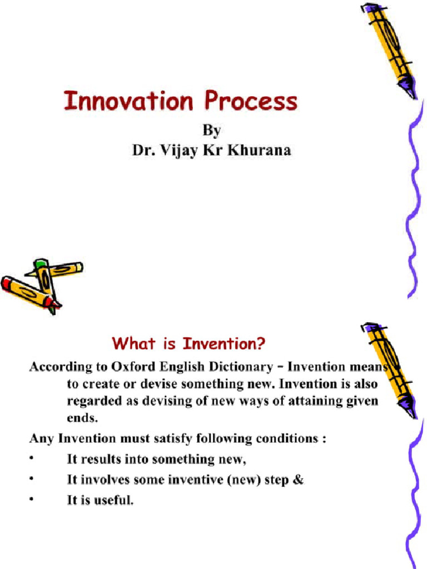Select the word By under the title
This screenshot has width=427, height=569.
coord(211,131)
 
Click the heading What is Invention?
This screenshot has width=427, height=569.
coord(188,344)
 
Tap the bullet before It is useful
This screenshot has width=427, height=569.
coord(32,500)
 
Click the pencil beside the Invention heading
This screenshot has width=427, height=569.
coord(389,370)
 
